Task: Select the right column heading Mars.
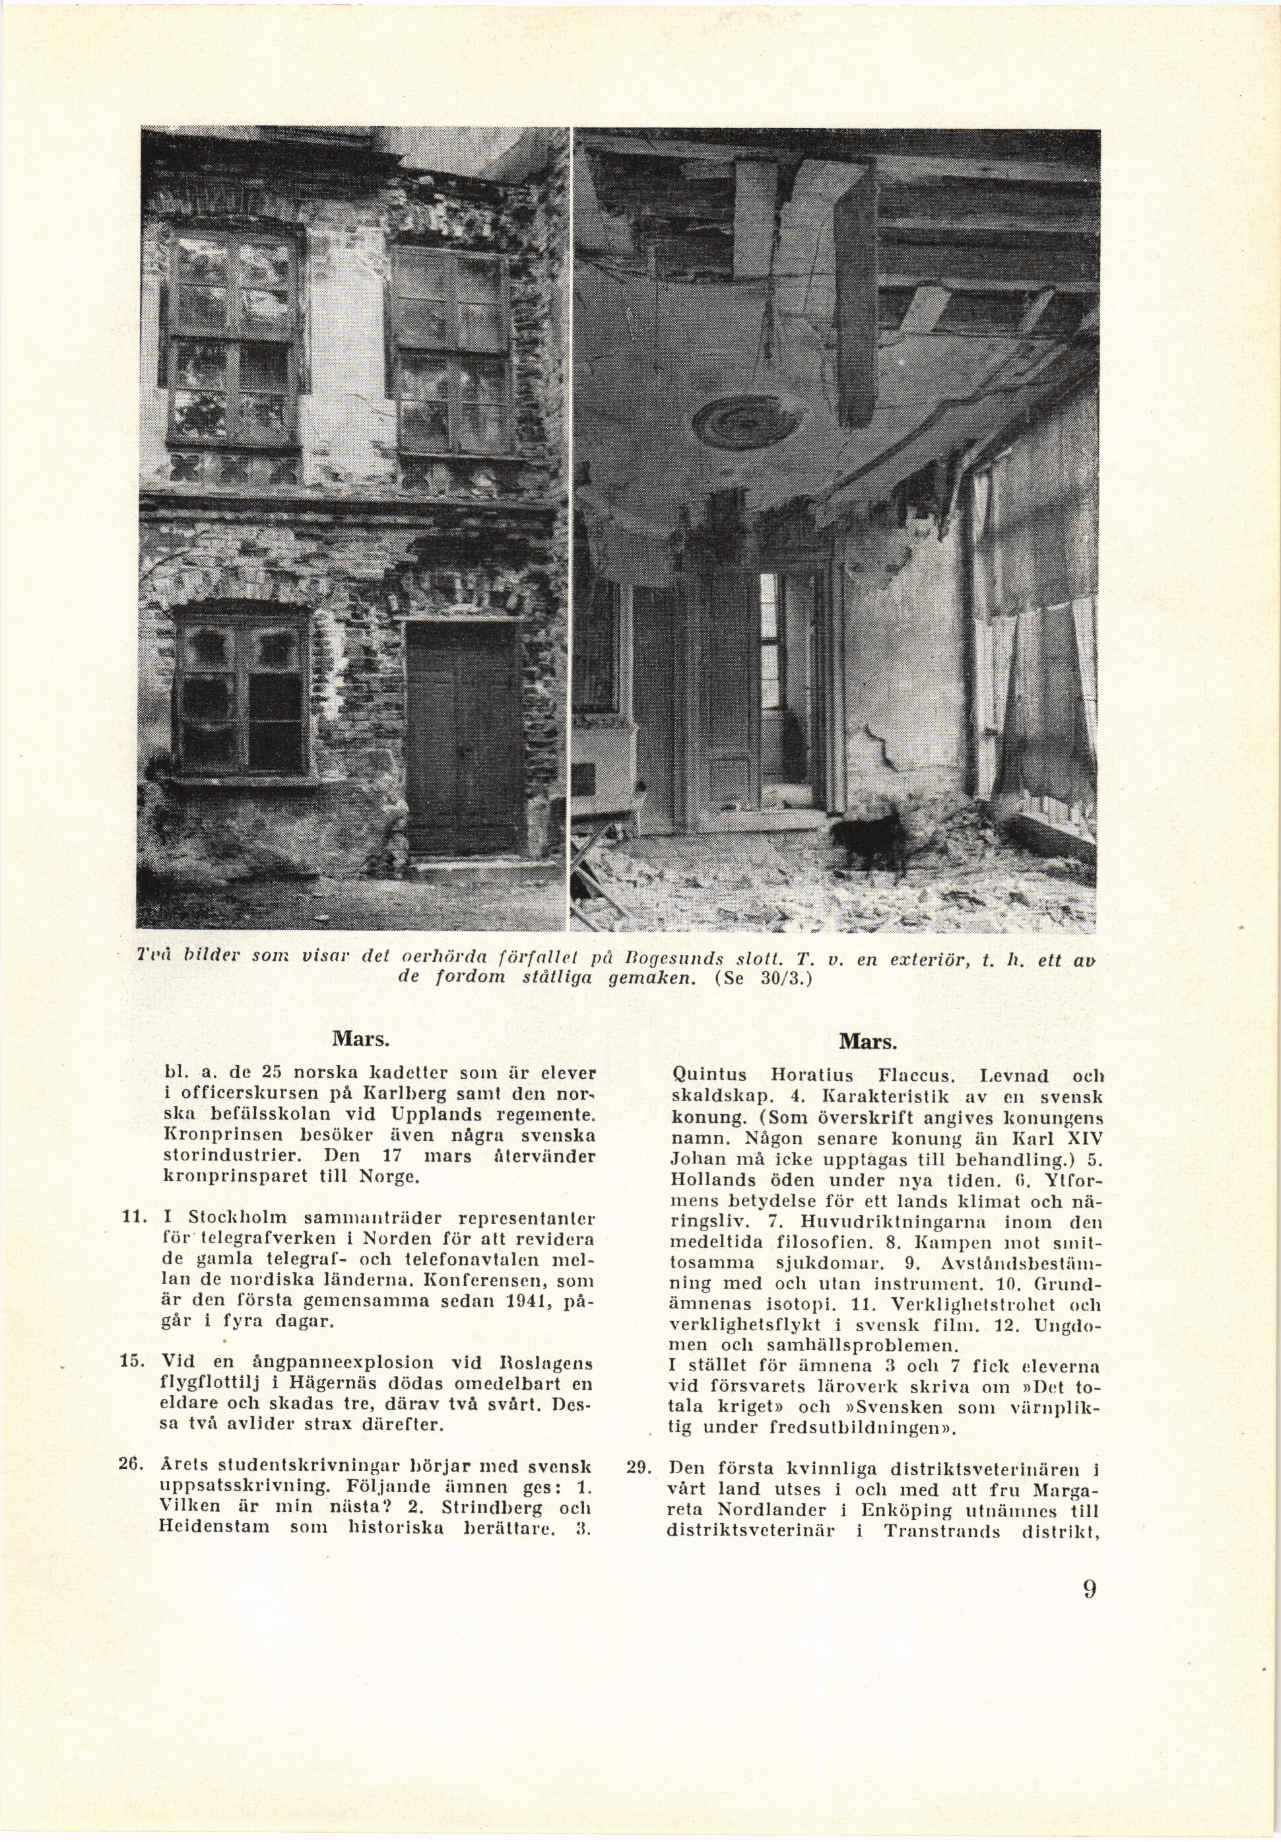coord(868,1040)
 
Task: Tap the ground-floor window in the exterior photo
coord(241,685)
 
